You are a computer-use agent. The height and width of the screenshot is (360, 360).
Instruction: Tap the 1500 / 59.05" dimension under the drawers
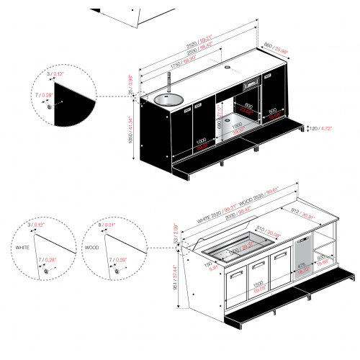coord(258,285)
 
